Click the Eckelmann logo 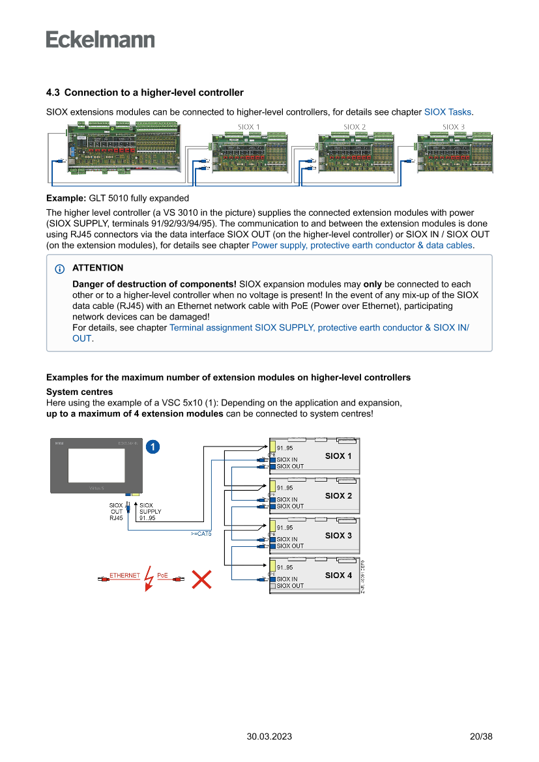(100, 39)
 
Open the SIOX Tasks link (448, 112)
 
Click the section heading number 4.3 (53, 93)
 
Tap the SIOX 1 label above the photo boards (248, 127)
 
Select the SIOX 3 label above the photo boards (454, 127)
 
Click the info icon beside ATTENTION (60, 269)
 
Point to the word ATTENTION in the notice (98, 268)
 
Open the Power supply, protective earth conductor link (362, 246)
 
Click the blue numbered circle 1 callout (152, 447)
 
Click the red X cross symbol (202, 578)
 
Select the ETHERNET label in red (124, 576)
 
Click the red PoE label (162, 576)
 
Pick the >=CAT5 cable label (201, 533)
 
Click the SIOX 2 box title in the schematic (338, 496)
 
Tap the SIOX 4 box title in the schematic (338, 576)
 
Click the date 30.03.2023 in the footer (269, 737)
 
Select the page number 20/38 (481, 737)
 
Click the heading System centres (79, 392)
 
